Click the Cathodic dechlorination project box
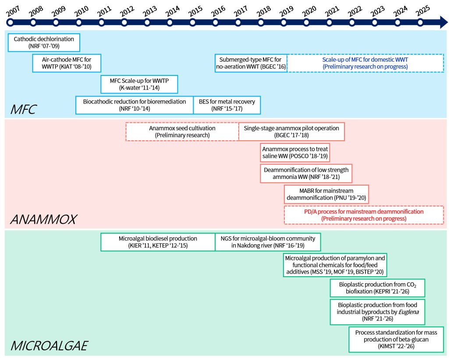(x=44, y=42)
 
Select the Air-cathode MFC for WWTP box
(x=67, y=63)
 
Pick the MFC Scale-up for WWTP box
(x=139, y=84)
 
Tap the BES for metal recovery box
(x=227, y=105)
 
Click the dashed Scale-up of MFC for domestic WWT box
(x=365, y=63)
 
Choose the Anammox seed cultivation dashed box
(x=182, y=132)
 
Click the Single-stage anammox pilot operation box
(x=291, y=132)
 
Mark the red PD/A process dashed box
(x=364, y=215)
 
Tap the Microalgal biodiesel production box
(x=158, y=242)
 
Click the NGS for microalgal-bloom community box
(x=267, y=242)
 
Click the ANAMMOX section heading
(x=43, y=219)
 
